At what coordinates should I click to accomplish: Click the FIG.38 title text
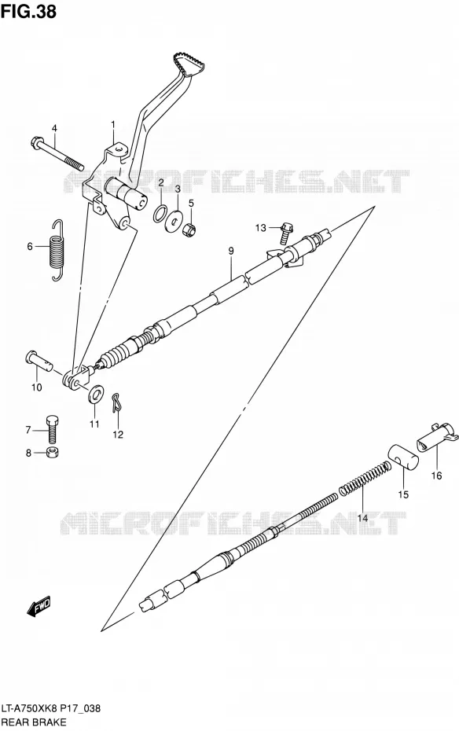click(28, 11)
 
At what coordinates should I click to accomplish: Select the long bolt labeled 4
click(57, 153)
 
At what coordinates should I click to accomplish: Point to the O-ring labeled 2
click(160, 212)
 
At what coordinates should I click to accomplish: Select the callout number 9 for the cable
click(230, 251)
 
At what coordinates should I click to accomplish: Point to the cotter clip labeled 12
click(116, 402)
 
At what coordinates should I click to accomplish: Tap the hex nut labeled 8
click(52, 452)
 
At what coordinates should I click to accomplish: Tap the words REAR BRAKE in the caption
click(34, 722)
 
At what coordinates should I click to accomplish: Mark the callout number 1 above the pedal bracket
click(112, 124)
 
